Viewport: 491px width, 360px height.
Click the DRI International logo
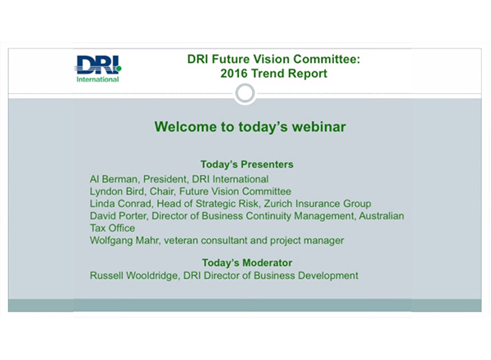[97, 68]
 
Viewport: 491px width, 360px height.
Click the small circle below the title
[245, 92]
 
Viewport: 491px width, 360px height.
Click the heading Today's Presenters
[246, 164]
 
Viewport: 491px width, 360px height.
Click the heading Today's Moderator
[246, 263]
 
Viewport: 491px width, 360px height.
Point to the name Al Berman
[113, 178]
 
